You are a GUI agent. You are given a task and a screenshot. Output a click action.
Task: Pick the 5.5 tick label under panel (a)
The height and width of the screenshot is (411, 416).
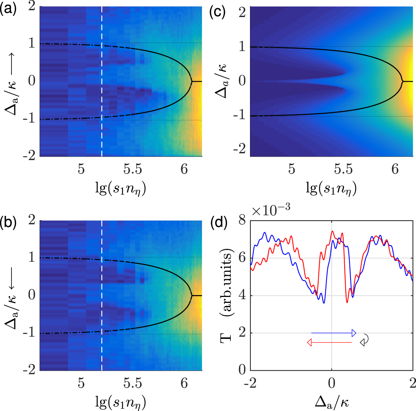[x=133, y=169]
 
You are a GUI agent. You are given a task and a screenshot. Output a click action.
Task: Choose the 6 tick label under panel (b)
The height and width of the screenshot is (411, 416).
[x=184, y=383]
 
